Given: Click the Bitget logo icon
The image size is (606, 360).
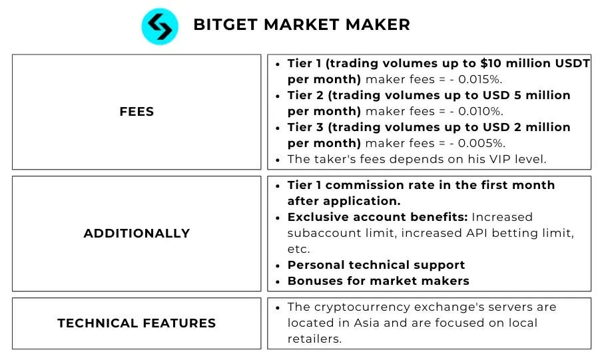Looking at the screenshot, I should click(160, 27).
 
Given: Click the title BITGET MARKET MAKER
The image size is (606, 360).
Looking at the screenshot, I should click(301, 25).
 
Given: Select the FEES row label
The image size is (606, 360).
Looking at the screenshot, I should click(137, 112).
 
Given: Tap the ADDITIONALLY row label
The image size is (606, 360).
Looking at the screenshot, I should click(137, 234).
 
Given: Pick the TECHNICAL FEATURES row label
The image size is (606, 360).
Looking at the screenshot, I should click(137, 323).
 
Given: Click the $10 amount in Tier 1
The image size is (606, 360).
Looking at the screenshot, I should click(490, 64).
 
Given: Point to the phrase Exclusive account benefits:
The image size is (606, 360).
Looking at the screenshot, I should click(377, 217).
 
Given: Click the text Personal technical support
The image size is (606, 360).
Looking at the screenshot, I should click(376, 265).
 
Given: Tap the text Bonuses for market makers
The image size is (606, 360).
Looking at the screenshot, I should click(378, 281).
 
